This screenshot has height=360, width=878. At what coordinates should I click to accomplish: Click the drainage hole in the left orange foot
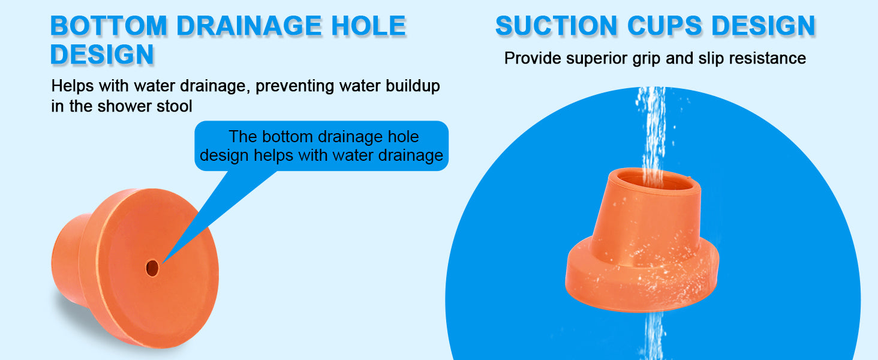[152, 268]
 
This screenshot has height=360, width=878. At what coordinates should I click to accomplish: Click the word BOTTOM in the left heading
[109, 26]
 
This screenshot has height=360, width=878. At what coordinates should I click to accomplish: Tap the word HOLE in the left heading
[368, 26]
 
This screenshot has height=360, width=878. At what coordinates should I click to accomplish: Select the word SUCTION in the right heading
[557, 26]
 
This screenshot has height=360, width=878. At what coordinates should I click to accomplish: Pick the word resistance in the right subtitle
[768, 58]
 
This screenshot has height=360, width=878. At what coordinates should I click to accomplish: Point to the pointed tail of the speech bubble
[163, 263]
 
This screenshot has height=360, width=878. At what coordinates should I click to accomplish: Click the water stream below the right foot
[654, 336]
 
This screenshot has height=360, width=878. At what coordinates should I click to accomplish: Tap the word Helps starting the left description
[73, 86]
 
